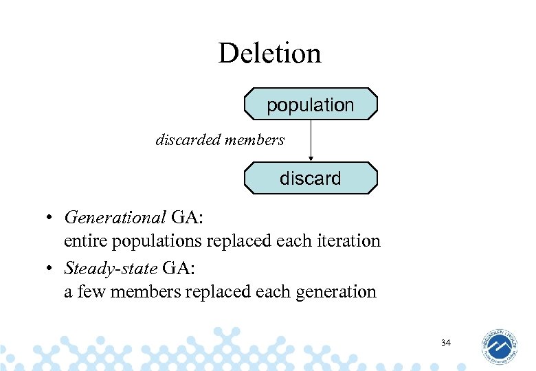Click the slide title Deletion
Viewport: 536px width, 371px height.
pos(269,54)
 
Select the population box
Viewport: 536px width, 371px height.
pos(311,104)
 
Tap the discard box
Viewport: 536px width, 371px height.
pos(311,179)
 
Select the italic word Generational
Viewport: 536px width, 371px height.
pos(115,218)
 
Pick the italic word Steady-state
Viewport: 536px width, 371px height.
pos(110,268)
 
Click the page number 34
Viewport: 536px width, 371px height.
pos(446,342)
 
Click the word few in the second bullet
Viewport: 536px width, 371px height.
pos(91,291)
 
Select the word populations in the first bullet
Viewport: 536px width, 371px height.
pos(159,241)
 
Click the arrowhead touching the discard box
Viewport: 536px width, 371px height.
pos(311,159)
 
